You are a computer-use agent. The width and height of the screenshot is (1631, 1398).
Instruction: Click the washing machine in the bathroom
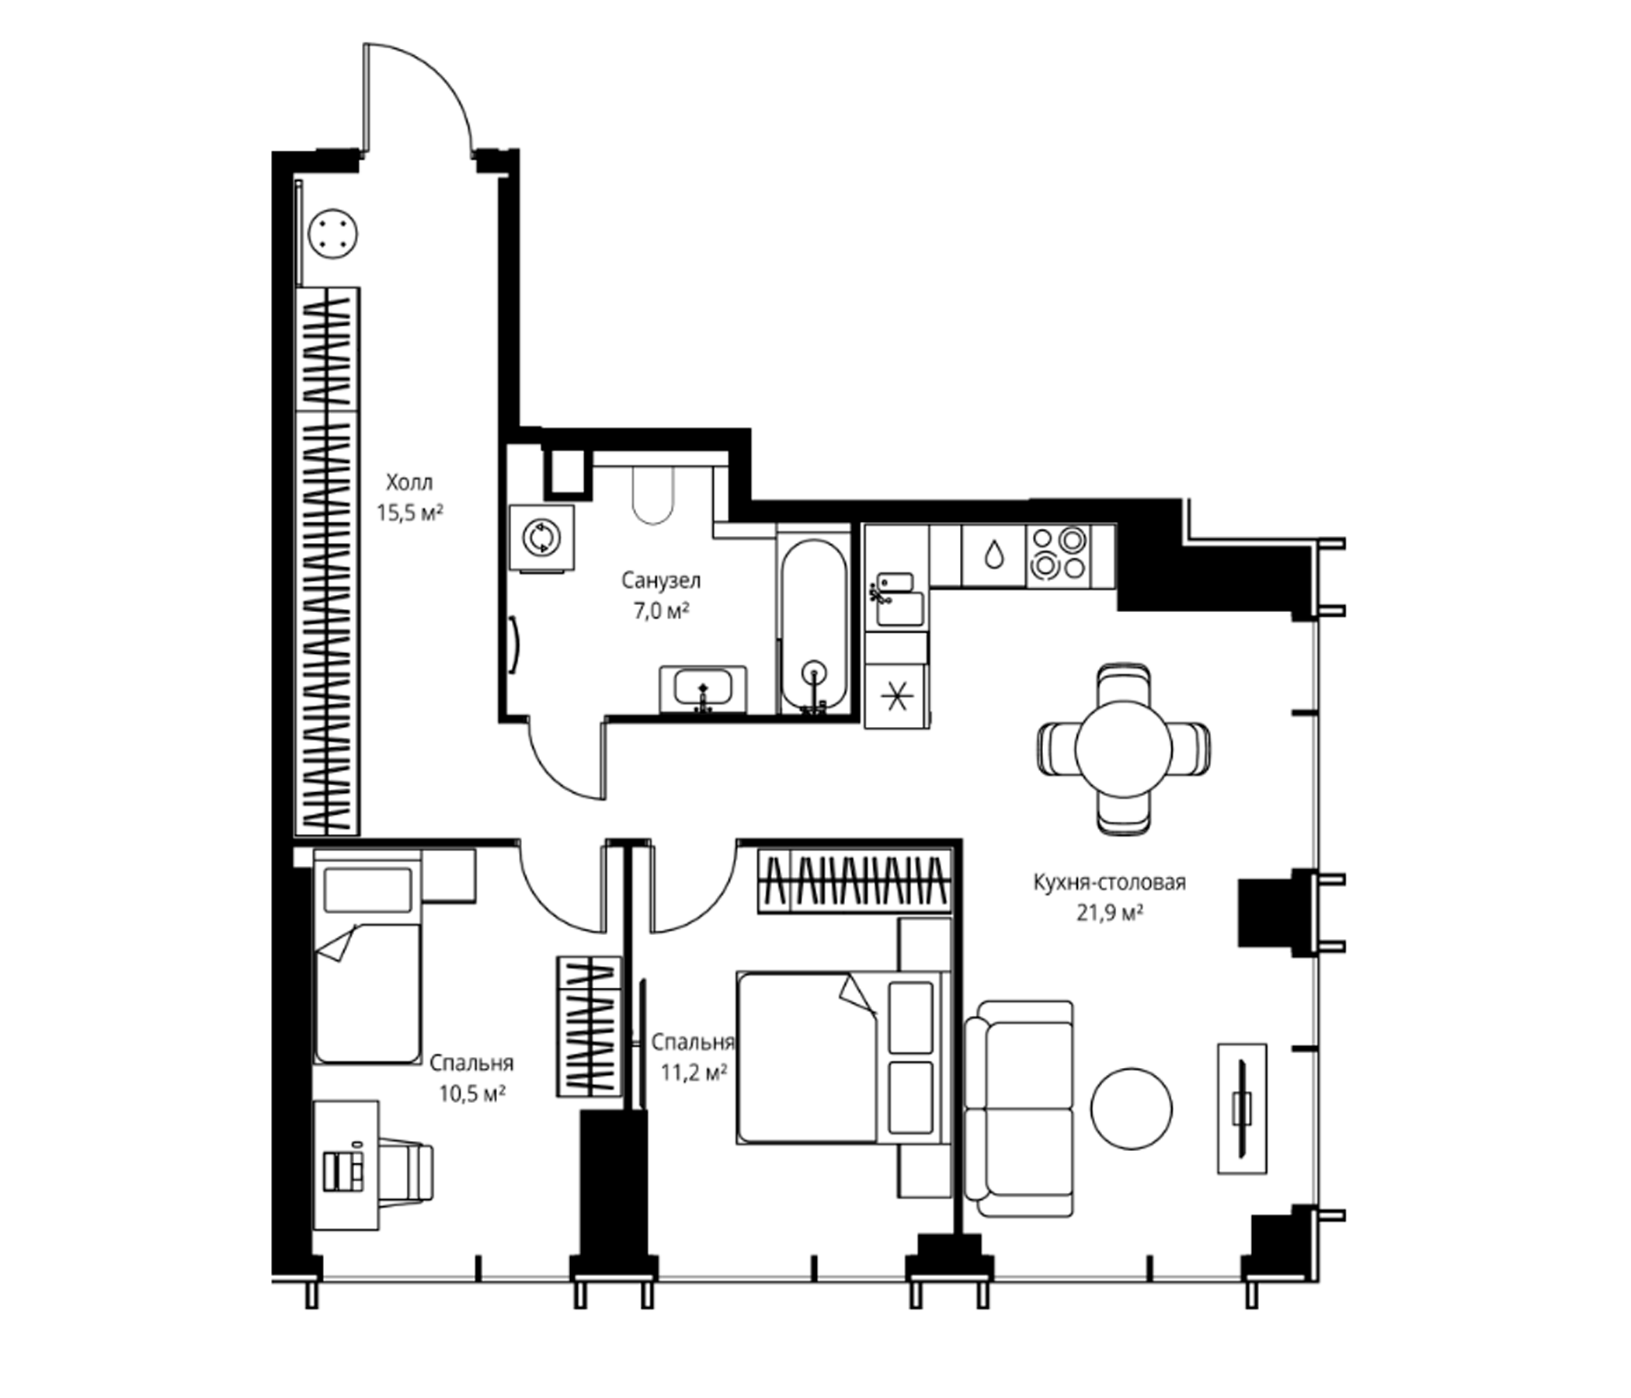point(541,537)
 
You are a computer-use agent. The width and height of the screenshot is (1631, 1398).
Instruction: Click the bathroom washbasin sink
point(703,689)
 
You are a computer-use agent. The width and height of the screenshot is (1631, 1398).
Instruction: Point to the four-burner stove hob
point(1059,555)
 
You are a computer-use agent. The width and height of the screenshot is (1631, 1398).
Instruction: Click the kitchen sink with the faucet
point(896,599)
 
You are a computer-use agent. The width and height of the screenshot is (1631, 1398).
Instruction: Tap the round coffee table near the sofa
point(1131,1108)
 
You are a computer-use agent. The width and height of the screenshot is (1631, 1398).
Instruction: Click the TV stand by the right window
point(1242,1109)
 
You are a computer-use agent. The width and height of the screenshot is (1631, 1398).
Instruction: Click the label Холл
point(409,482)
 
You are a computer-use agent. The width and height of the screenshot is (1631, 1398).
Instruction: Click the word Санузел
point(661,581)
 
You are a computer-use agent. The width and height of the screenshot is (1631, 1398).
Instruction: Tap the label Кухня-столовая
point(1110,882)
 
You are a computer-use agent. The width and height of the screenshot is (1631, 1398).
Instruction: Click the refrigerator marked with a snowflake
point(896,696)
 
